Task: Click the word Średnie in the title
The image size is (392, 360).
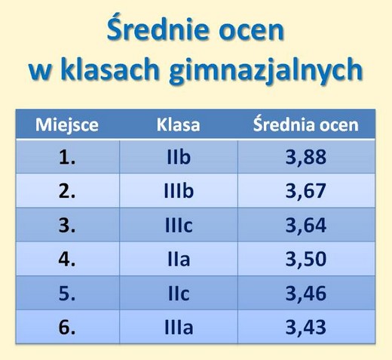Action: coord(160,28)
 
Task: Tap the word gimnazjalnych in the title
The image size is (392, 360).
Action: coord(266,70)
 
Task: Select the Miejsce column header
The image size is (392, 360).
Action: coord(67,125)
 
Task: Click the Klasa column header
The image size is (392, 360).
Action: coord(179,125)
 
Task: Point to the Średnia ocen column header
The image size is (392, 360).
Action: coord(306,124)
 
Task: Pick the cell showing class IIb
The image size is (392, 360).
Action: coord(179,157)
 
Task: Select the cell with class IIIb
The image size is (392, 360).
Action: coord(179,191)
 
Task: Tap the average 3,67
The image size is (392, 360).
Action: coord(306,191)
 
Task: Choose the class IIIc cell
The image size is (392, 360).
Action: coord(179,225)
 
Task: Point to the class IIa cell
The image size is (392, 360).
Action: coord(179,260)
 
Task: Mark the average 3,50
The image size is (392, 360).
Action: coord(306,260)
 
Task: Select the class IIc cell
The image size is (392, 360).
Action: coord(179,294)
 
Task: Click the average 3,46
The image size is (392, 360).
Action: coord(306,294)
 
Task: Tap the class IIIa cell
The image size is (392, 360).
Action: coord(179,328)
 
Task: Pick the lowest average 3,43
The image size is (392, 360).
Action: coord(306,328)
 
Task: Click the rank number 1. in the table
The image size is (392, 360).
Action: coord(67,158)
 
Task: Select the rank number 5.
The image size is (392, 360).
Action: coord(67,294)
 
